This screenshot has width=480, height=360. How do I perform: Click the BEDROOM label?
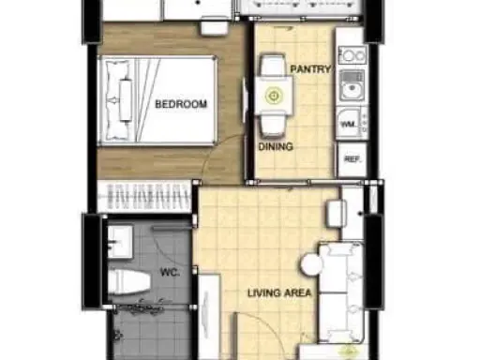pos(181,104)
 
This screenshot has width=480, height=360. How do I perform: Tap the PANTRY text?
pos(310,69)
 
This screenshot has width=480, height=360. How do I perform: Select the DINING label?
pos(276,146)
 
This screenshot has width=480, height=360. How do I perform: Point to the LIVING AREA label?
pos(279,292)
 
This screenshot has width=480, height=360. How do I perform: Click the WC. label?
pos(170,272)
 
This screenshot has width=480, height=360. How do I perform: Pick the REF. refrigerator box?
pos(352,159)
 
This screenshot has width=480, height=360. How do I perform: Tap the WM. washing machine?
pos(350,123)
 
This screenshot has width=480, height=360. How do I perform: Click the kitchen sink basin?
pos(352,86)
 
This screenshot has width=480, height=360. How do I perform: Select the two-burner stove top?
pos(352,55)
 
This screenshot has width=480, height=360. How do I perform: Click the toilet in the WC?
pos(128,282)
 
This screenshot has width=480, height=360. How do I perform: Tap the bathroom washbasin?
pos(120,242)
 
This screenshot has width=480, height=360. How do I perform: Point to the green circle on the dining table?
pos(274,96)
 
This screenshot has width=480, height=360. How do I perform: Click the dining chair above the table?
pos(273,65)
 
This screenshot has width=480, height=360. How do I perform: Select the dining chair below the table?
pos(273,125)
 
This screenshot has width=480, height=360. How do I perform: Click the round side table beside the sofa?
pos(312,264)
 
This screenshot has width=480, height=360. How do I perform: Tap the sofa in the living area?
pos(341,292)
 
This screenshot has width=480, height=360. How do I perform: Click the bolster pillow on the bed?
pos(126,100)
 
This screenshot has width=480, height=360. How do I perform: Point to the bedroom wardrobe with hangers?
pos(144,197)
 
